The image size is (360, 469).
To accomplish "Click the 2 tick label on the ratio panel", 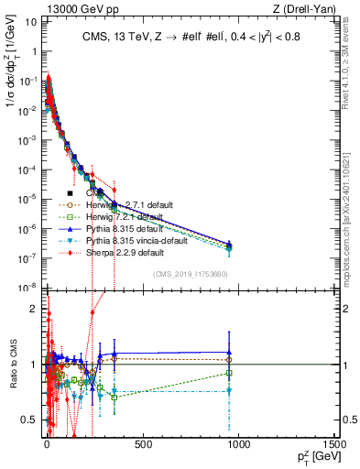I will pos(34,309).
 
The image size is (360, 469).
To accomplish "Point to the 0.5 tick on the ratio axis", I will pos(30,420).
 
